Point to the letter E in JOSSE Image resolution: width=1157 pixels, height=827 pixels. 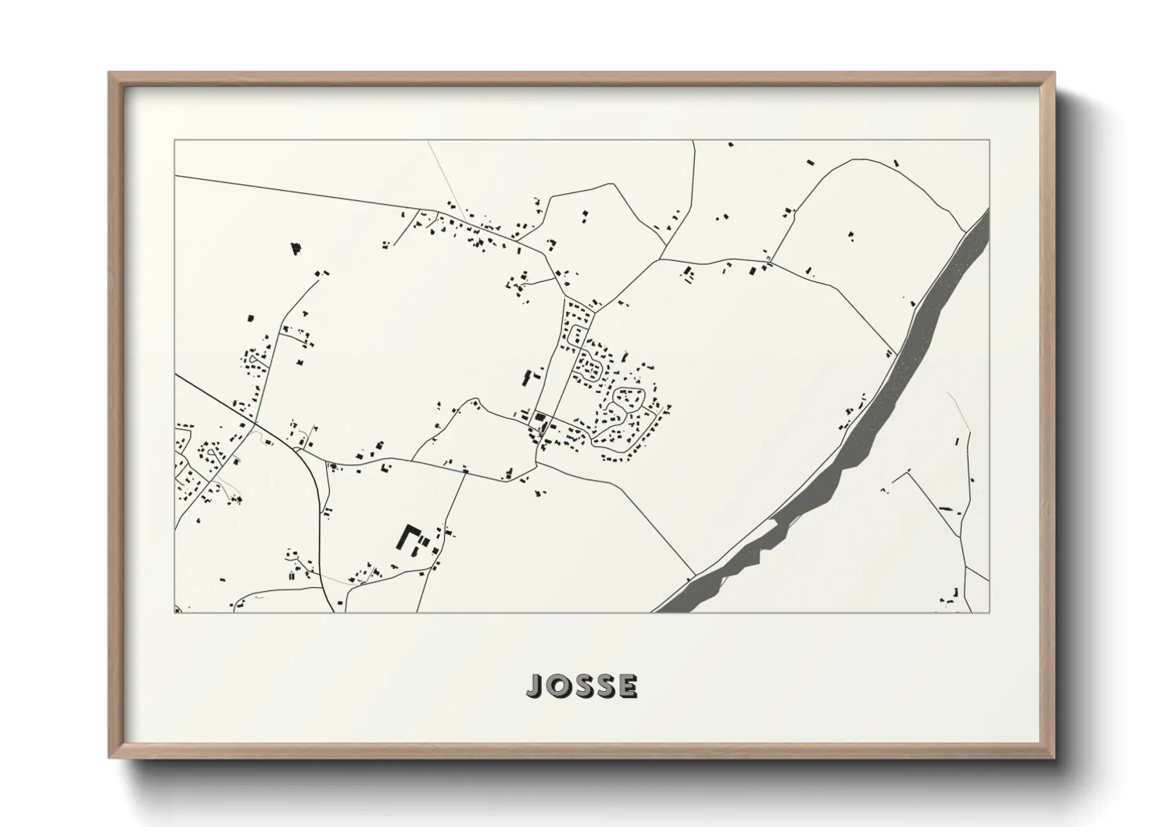click(628, 686)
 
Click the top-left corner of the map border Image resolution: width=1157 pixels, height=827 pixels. click(174, 141)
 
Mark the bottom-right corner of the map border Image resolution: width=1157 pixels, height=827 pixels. click(990, 612)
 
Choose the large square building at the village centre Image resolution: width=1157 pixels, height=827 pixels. click(539, 417)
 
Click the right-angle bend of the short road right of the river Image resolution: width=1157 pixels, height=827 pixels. click(909, 471)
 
